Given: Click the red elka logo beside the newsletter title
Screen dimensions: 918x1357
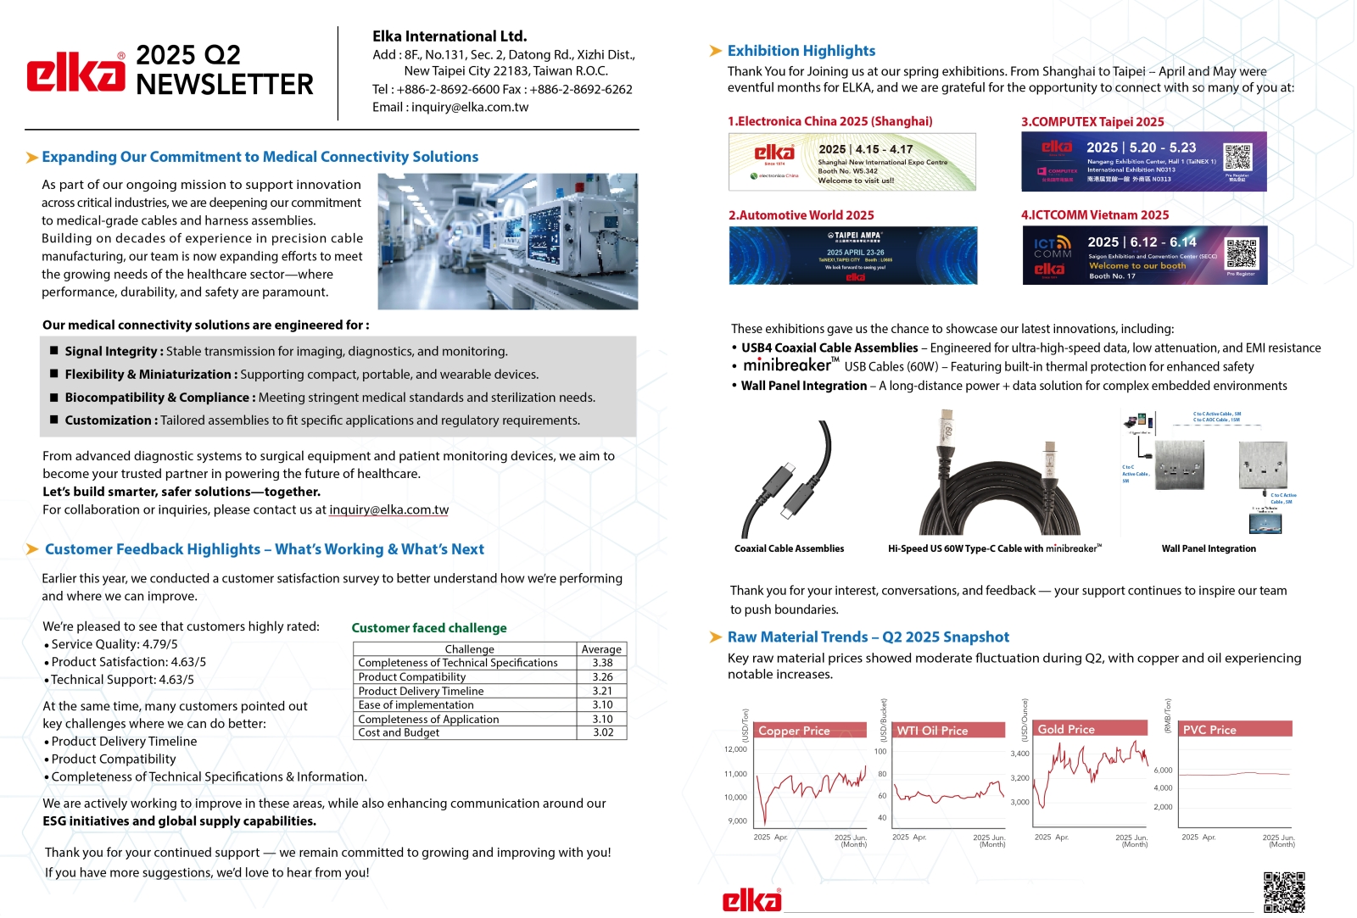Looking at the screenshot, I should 75,72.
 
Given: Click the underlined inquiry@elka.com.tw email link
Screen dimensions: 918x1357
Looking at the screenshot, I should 388,509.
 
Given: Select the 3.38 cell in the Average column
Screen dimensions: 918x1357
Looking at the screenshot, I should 602,663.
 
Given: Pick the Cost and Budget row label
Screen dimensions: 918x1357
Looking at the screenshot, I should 399,732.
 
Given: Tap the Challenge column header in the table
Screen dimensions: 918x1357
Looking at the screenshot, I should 469,649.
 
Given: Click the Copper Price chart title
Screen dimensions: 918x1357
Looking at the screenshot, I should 794,730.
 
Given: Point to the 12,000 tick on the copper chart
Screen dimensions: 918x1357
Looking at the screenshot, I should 735,749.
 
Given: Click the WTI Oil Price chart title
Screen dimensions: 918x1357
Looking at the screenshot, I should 932,730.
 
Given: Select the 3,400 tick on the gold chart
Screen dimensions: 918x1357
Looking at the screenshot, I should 1019,754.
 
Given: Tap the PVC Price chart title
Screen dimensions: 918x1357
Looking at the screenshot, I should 1209,729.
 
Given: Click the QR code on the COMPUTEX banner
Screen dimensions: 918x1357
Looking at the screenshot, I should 1237,158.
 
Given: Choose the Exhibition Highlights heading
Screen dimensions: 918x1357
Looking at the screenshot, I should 801,51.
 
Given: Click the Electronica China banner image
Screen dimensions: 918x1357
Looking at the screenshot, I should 852,162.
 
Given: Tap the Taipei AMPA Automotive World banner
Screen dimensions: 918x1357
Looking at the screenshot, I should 852,255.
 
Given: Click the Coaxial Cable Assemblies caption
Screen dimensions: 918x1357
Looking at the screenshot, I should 789,548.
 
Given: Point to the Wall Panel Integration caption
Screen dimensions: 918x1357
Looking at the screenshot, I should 1209,548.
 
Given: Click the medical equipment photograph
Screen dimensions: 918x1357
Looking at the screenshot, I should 507,242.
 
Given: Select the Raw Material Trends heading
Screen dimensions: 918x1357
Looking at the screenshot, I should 868,637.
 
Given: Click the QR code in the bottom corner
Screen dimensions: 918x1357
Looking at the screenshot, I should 1283,892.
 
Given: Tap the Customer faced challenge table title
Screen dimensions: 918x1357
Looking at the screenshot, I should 429,628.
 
